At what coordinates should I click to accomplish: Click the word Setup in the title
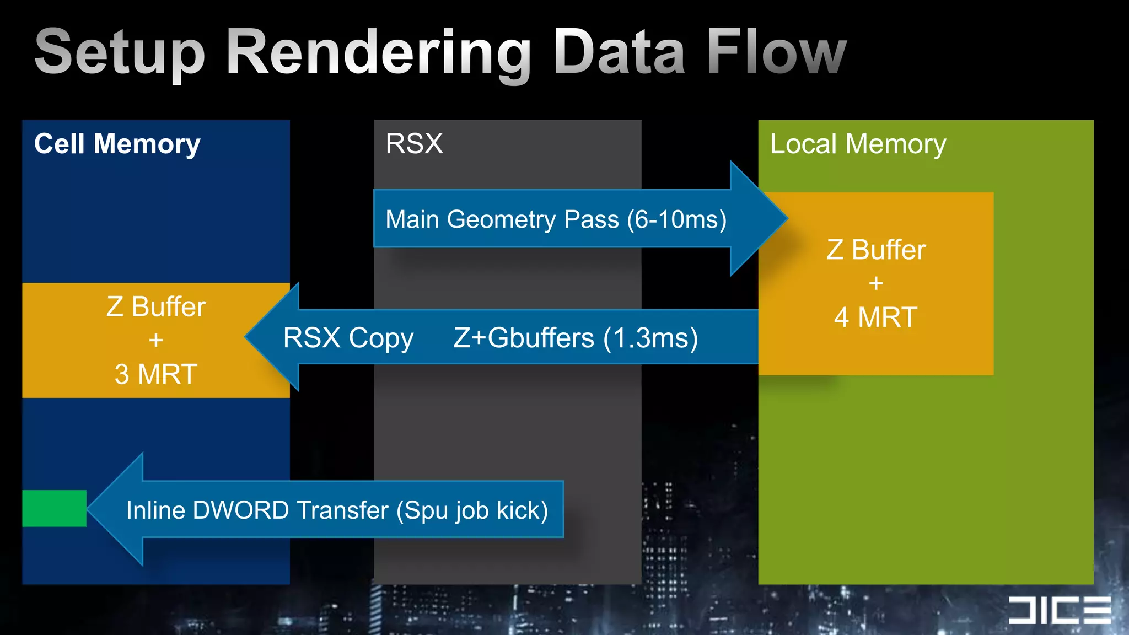[x=120, y=52]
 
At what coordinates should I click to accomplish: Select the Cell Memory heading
[x=117, y=144]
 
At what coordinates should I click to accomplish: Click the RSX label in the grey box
[x=414, y=144]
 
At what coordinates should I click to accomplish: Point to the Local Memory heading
[x=858, y=144]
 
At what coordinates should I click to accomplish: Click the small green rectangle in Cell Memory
[x=54, y=508]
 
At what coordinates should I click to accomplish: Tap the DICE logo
[x=1059, y=610]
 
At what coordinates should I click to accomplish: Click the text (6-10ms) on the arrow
[x=676, y=219]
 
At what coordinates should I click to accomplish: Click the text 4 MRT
[x=875, y=317]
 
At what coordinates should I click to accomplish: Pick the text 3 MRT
[x=155, y=374]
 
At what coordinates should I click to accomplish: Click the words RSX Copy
[x=348, y=338]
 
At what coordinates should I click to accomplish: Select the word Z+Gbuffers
[x=524, y=338]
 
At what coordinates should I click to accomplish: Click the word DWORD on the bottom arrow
[x=240, y=510]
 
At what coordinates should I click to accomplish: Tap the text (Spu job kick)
[x=472, y=510]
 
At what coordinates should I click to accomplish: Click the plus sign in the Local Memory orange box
[x=875, y=283]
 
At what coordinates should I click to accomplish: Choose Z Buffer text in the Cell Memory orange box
[x=155, y=307]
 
